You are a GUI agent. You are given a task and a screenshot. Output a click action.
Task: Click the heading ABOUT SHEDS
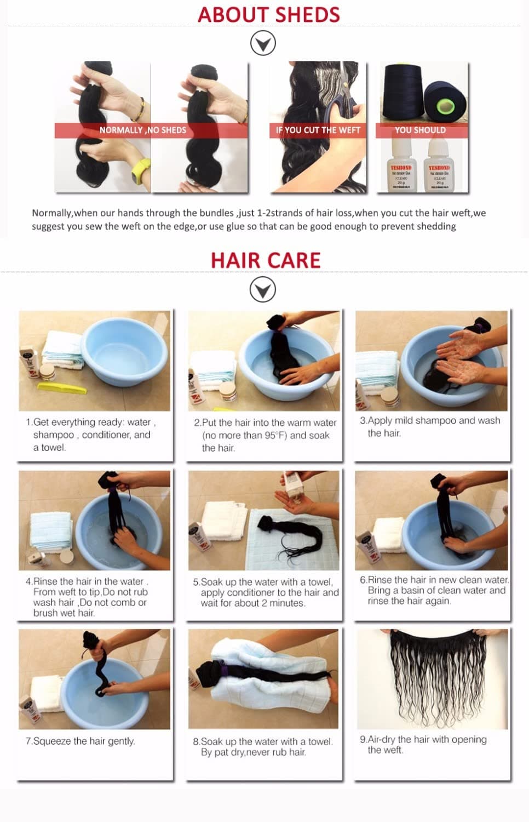(268, 15)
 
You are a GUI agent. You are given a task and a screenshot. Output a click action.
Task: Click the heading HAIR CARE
(266, 260)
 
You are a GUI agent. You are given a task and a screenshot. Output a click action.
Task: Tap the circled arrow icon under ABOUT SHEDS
(263, 43)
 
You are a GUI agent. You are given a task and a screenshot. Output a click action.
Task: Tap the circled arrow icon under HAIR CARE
(263, 289)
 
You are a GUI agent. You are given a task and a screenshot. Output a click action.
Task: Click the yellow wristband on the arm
(141, 172)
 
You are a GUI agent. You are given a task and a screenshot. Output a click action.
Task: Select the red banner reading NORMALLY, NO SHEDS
(143, 130)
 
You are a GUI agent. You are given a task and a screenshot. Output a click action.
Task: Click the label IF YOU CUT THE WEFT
(318, 130)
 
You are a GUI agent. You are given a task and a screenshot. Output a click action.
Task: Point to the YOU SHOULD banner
(421, 130)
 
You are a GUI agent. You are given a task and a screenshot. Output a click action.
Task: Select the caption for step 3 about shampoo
(430, 426)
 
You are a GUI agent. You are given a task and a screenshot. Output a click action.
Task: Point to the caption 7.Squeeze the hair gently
(80, 741)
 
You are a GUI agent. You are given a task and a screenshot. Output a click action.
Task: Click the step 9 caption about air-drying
(423, 744)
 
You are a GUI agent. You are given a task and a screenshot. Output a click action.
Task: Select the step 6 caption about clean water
(434, 590)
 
